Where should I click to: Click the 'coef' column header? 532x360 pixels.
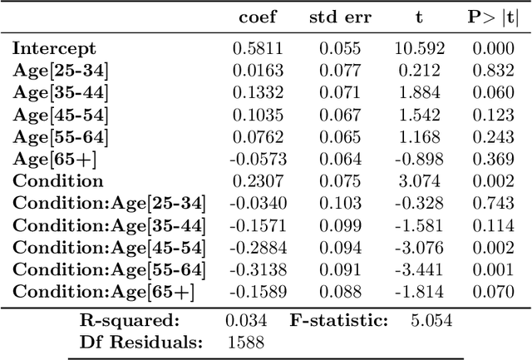258,17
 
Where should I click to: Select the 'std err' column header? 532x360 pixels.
341,17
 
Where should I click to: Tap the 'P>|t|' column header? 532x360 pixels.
493,17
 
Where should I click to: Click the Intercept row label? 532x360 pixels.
55,49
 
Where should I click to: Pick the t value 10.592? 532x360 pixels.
418,49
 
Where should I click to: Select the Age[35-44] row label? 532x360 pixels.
61,93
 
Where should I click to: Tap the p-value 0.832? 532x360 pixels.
493,71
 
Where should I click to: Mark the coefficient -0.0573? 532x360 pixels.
255,159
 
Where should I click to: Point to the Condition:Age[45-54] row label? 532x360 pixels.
109,247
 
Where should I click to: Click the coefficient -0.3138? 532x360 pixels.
255,269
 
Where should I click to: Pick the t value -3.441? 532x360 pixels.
419,269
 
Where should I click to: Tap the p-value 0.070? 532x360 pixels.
493,291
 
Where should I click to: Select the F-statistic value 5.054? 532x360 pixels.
431,320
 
